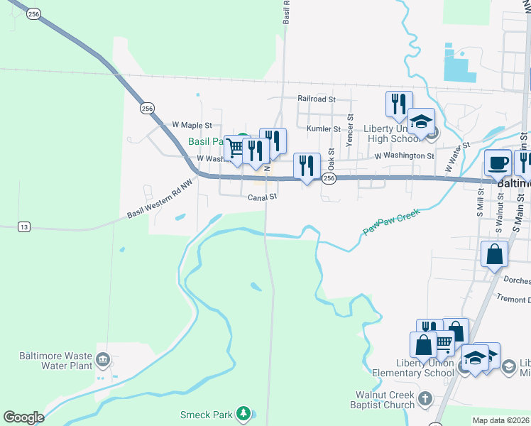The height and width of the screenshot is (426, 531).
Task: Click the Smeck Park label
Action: click(206, 415)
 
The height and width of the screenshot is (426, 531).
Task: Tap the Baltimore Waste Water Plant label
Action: click(56, 361)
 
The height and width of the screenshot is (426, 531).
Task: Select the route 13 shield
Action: click(25, 226)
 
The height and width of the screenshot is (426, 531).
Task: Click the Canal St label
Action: click(261, 198)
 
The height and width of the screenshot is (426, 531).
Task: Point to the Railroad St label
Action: click(316, 100)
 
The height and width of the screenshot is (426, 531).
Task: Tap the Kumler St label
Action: click(324, 129)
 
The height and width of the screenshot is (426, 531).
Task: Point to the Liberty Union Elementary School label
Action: click(414, 368)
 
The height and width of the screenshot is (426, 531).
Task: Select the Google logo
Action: click(23, 417)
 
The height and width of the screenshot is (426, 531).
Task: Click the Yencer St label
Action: click(349, 131)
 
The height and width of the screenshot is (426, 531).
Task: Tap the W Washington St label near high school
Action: click(404, 155)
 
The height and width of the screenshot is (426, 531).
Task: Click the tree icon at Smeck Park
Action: click(243, 413)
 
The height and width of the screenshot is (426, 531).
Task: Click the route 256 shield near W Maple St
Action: click(147, 109)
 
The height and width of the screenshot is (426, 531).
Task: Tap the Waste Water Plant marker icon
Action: click(104, 359)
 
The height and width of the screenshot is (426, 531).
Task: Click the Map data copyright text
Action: click(500, 420)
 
